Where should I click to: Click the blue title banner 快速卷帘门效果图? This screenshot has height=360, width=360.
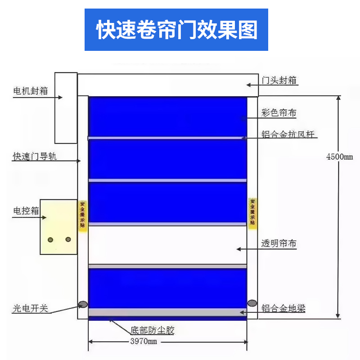coord(176,30)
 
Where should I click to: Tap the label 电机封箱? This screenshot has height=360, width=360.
coord(31,91)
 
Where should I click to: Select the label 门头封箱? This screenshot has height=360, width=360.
coord(279,81)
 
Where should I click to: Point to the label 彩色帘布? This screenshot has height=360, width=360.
coord(279,113)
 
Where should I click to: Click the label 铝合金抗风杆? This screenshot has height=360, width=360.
coord(288,134)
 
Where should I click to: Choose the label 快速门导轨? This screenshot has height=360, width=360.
coord(35,157)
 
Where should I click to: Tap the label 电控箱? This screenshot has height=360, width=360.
coord(26,211)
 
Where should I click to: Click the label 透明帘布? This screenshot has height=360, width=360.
coord(279,243)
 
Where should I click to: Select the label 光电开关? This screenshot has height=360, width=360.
coord(30,308)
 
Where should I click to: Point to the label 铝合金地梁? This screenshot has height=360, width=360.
coord(283,308)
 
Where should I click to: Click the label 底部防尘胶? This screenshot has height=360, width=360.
coord(153,330)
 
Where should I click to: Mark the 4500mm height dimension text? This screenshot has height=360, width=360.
coord(340,157)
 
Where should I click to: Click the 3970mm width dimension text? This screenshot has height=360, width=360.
coord(144,341)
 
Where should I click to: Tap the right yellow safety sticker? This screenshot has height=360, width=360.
coord(252,213)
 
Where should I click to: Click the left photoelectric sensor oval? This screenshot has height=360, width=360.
coord(83,305)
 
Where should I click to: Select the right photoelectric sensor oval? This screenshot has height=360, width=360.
coord(252,303)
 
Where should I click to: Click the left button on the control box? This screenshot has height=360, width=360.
coord(50,240)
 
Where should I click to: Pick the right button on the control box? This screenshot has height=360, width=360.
coord(68,239)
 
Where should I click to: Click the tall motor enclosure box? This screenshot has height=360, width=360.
coord(66,108)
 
